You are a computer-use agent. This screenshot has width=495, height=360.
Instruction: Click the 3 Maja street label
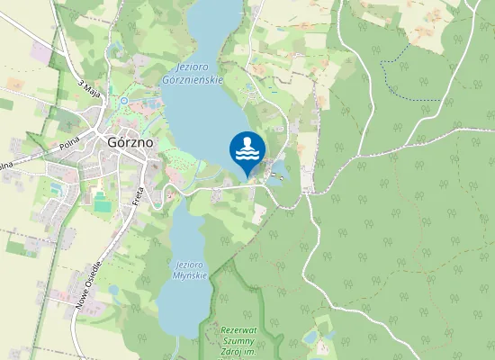[88, 90]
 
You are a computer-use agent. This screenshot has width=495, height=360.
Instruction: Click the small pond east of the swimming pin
[279, 168]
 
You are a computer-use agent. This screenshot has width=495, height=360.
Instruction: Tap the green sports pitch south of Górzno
[102, 206]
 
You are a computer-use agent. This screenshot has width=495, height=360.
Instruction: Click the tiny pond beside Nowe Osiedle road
[114, 290]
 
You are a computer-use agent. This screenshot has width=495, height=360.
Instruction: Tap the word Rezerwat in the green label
[238, 330]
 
